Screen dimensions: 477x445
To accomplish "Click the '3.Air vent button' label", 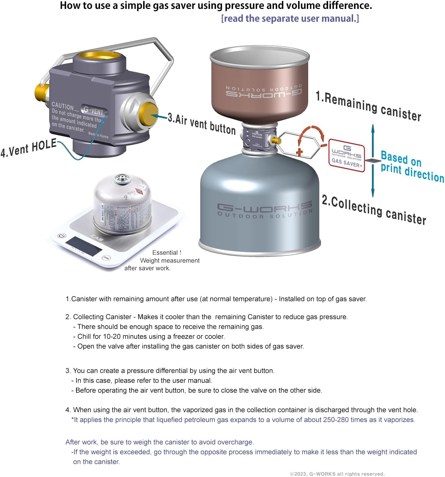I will [x=202, y=124].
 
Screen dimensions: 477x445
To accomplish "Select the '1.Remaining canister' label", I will [x=368, y=106].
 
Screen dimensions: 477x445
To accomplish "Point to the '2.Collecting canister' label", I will [x=374, y=210].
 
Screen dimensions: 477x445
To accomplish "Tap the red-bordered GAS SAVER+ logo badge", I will [x=347, y=155].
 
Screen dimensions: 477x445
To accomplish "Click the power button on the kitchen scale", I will [x=61, y=236].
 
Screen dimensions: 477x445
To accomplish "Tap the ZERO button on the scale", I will [x=106, y=258].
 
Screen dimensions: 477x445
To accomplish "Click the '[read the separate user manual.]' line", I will [x=290, y=19].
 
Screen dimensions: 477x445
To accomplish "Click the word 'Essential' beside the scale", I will [x=165, y=253].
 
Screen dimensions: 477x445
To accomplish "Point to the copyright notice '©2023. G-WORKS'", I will [x=337, y=474].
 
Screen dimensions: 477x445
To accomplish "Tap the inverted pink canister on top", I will [x=263, y=86].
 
